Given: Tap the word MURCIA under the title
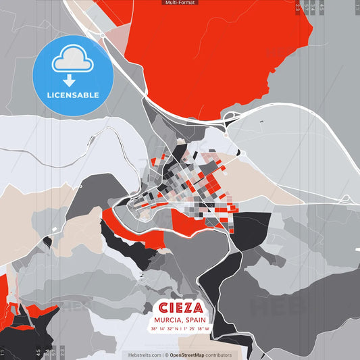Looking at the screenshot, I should pos(167,320).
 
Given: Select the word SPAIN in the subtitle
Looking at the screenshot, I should pos(195,320).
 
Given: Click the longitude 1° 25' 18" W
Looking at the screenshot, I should pos(199,329).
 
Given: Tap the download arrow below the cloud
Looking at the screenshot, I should pos(72,78).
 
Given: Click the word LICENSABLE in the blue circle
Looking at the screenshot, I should pos(72,95).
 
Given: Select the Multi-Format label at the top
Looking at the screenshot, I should pos(180,3).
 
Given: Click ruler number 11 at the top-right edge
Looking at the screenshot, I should pos(357,7).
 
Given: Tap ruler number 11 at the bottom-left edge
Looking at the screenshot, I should pos(3,352).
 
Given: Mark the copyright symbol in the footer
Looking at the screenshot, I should pos(166,355).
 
